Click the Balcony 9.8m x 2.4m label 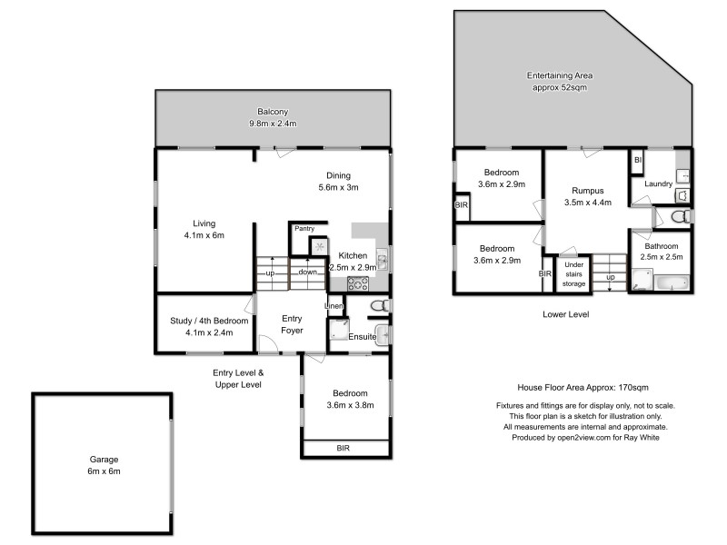tap(273, 117)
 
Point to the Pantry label tap(304, 228)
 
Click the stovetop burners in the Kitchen tap(357, 282)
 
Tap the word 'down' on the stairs tap(308, 272)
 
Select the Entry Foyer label tap(292, 324)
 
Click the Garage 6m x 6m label tap(104, 465)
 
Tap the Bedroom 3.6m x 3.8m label tap(345, 400)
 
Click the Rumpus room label tap(587, 196)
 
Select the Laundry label tap(658, 184)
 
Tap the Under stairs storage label tap(573, 273)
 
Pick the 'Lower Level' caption tap(566, 314)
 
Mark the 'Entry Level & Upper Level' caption tap(236, 379)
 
